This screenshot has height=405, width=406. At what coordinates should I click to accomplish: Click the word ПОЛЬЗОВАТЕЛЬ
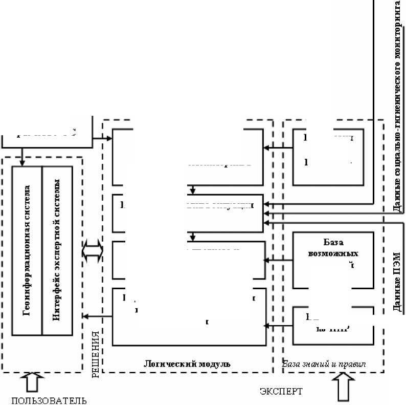click(x=49, y=399)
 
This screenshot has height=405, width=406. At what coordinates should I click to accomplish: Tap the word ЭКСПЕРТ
click(x=281, y=392)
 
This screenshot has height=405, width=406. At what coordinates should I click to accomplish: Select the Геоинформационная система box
click(x=27, y=250)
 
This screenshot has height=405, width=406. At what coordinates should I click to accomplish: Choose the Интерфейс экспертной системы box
click(x=57, y=250)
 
